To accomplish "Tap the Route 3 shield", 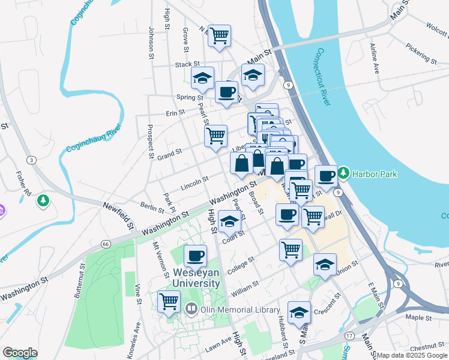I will click(x=31, y=160).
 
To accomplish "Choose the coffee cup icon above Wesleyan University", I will click(x=195, y=256).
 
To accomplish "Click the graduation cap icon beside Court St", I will click(x=229, y=222).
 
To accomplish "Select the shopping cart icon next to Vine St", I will click(x=169, y=301).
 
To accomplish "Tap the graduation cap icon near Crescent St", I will click(x=299, y=311).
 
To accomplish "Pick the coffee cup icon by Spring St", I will click(x=226, y=92).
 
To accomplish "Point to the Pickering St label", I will click(x=421, y=54).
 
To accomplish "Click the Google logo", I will click(x=20, y=353).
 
